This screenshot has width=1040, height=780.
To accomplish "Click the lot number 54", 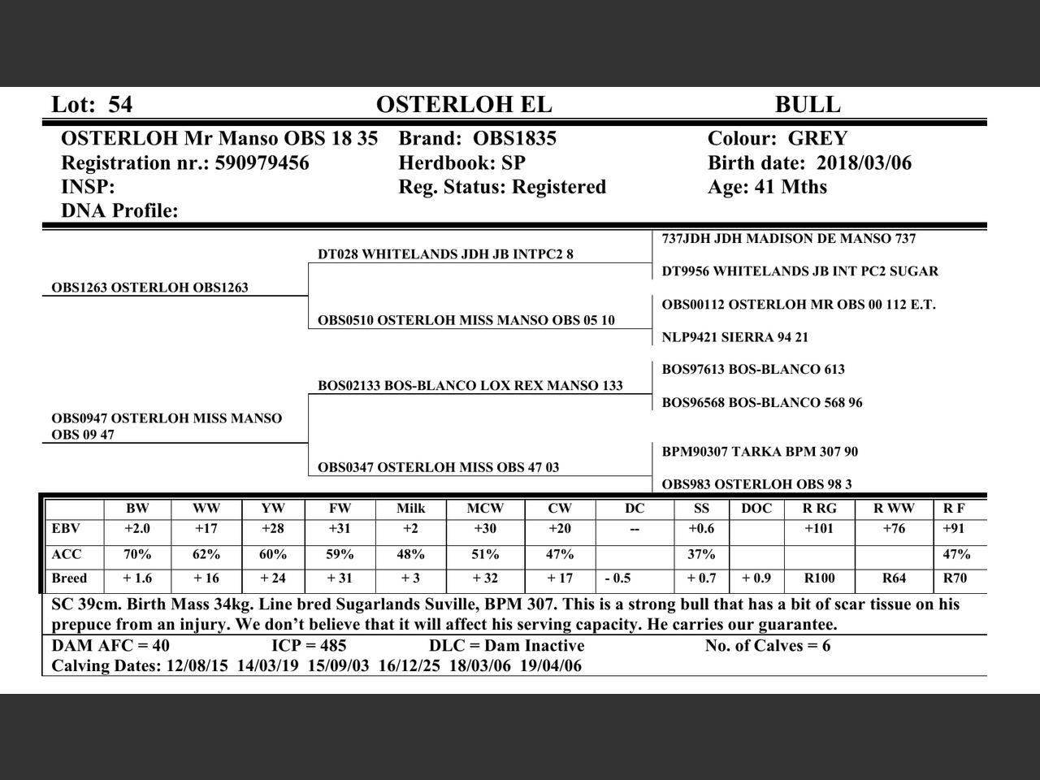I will pos(120,105).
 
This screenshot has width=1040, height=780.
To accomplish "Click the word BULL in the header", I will pos(807,105).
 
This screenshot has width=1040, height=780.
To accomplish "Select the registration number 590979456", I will pos(262,163).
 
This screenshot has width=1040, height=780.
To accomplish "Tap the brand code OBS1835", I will pos(515,139).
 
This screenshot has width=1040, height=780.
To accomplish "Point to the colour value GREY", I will pos(817,139).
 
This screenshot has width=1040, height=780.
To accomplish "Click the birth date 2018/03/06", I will pos(864,163).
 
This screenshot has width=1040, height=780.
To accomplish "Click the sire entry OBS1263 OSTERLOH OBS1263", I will pos(149,288).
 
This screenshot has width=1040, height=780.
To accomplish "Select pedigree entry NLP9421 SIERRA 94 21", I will pos(734,337).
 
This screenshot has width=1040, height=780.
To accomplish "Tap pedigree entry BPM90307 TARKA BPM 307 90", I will pos(760,452).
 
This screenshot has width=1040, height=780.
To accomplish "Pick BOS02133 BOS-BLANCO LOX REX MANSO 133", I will pos(470,386).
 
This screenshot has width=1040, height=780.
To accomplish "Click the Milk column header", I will pos(410,509).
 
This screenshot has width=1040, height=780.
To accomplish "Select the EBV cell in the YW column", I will pos(273,529).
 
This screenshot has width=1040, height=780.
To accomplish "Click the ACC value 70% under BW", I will pos(137,555).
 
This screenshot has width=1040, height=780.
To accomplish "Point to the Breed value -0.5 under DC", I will pos(617,578).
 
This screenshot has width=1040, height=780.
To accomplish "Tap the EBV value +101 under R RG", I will pos(820,529).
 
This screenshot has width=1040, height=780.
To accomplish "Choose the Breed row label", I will pos(69,578).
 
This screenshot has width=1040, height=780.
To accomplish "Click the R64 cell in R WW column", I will pos(894,578).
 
